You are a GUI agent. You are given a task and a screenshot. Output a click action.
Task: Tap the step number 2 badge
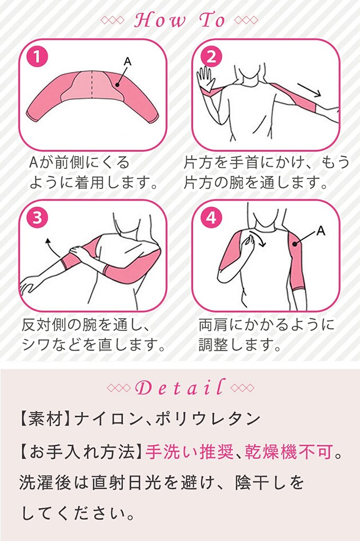[x=211, y=58]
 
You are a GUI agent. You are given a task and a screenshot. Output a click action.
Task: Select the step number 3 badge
[x=37, y=218]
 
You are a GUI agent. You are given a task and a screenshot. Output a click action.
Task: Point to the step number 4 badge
[x=211, y=218]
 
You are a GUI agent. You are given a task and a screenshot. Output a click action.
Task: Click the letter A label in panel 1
[x=128, y=62]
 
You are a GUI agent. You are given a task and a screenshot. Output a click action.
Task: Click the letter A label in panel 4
[x=321, y=230]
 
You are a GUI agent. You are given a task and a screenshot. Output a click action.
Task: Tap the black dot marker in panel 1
[x=118, y=84]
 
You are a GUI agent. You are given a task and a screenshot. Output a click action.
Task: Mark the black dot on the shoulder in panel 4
[x=295, y=244]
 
